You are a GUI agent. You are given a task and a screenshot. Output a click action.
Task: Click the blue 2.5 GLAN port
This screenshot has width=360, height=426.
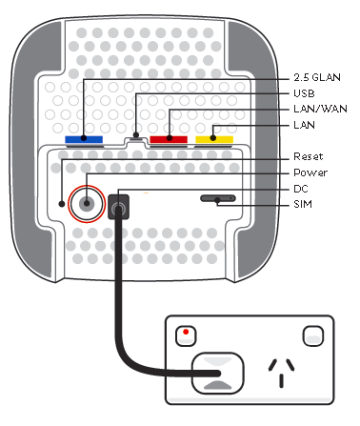click(84, 139)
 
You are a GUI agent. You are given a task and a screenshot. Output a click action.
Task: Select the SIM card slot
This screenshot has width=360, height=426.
click(218, 200)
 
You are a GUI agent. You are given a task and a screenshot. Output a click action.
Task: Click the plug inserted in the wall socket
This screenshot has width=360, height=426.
click(218, 375)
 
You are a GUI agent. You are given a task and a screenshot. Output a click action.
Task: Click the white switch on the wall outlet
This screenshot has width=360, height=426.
click(310, 335)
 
